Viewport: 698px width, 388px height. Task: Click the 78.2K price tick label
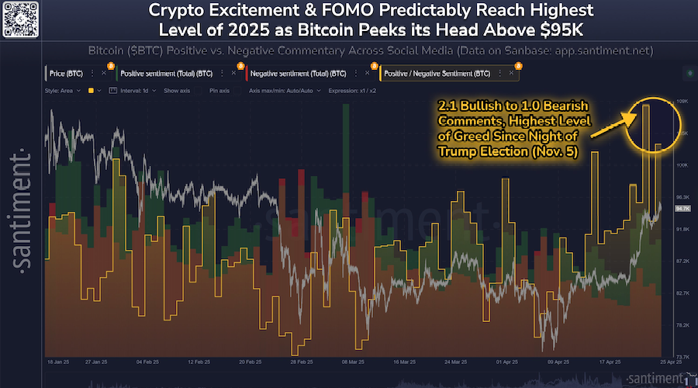[682, 325]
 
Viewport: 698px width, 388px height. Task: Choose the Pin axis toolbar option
[220, 91]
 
